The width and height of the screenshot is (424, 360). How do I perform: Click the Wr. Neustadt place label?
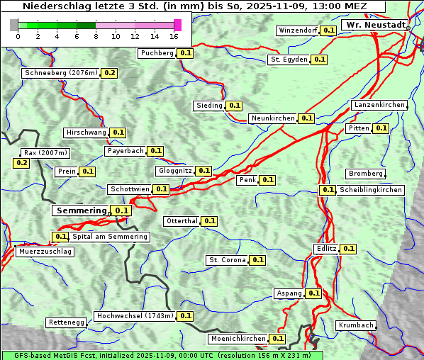click(x=375, y=25)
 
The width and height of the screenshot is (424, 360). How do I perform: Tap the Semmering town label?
click(x=81, y=210)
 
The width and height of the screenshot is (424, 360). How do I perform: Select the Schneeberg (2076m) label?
click(x=60, y=73)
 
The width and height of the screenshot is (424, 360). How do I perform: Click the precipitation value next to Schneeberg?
click(x=110, y=73)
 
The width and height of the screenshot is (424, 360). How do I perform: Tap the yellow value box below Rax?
click(x=21, y=163)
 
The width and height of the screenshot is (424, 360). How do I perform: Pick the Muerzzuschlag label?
click(x=45, y=252)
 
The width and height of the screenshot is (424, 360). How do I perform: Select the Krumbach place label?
click(x=355, y=325)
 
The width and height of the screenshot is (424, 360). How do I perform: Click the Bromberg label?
click(x=366, y=174)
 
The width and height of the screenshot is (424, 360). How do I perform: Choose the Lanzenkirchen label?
click(x=379, y=105)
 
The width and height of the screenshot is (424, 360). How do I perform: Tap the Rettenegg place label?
click(x=67, y=322)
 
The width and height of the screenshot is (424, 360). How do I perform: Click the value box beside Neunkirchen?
click(x=306, y=118)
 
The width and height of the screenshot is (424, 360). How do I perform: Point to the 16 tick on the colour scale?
click(x=174, y=36)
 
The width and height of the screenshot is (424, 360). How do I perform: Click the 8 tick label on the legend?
click(x=96, y=36)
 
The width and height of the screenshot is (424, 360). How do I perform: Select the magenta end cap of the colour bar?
click(x=177, y=26)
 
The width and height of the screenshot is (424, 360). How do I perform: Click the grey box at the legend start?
click(x=13, y=26)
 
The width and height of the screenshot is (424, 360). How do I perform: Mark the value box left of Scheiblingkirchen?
click(x=327, y=190)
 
